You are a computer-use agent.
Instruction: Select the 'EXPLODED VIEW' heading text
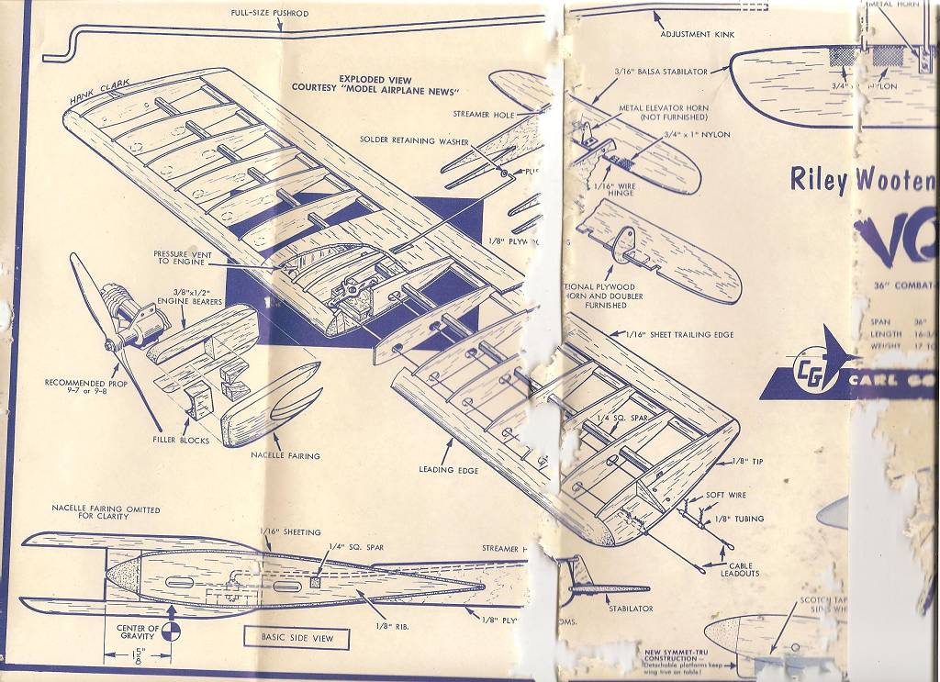coord(375,79)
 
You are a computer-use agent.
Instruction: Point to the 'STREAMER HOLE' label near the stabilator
coord(484,115)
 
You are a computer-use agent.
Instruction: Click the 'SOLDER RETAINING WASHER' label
coord(414,141)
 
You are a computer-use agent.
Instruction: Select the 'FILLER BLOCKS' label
coord(182,441)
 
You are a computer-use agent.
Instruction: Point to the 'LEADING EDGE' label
coord(449,470)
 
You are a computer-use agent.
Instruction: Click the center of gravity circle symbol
coord(173,630)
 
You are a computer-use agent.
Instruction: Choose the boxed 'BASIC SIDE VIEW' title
coord(296,638)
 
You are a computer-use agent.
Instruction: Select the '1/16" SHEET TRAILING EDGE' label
coord(679,335)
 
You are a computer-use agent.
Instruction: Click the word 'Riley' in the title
coord(819,180)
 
